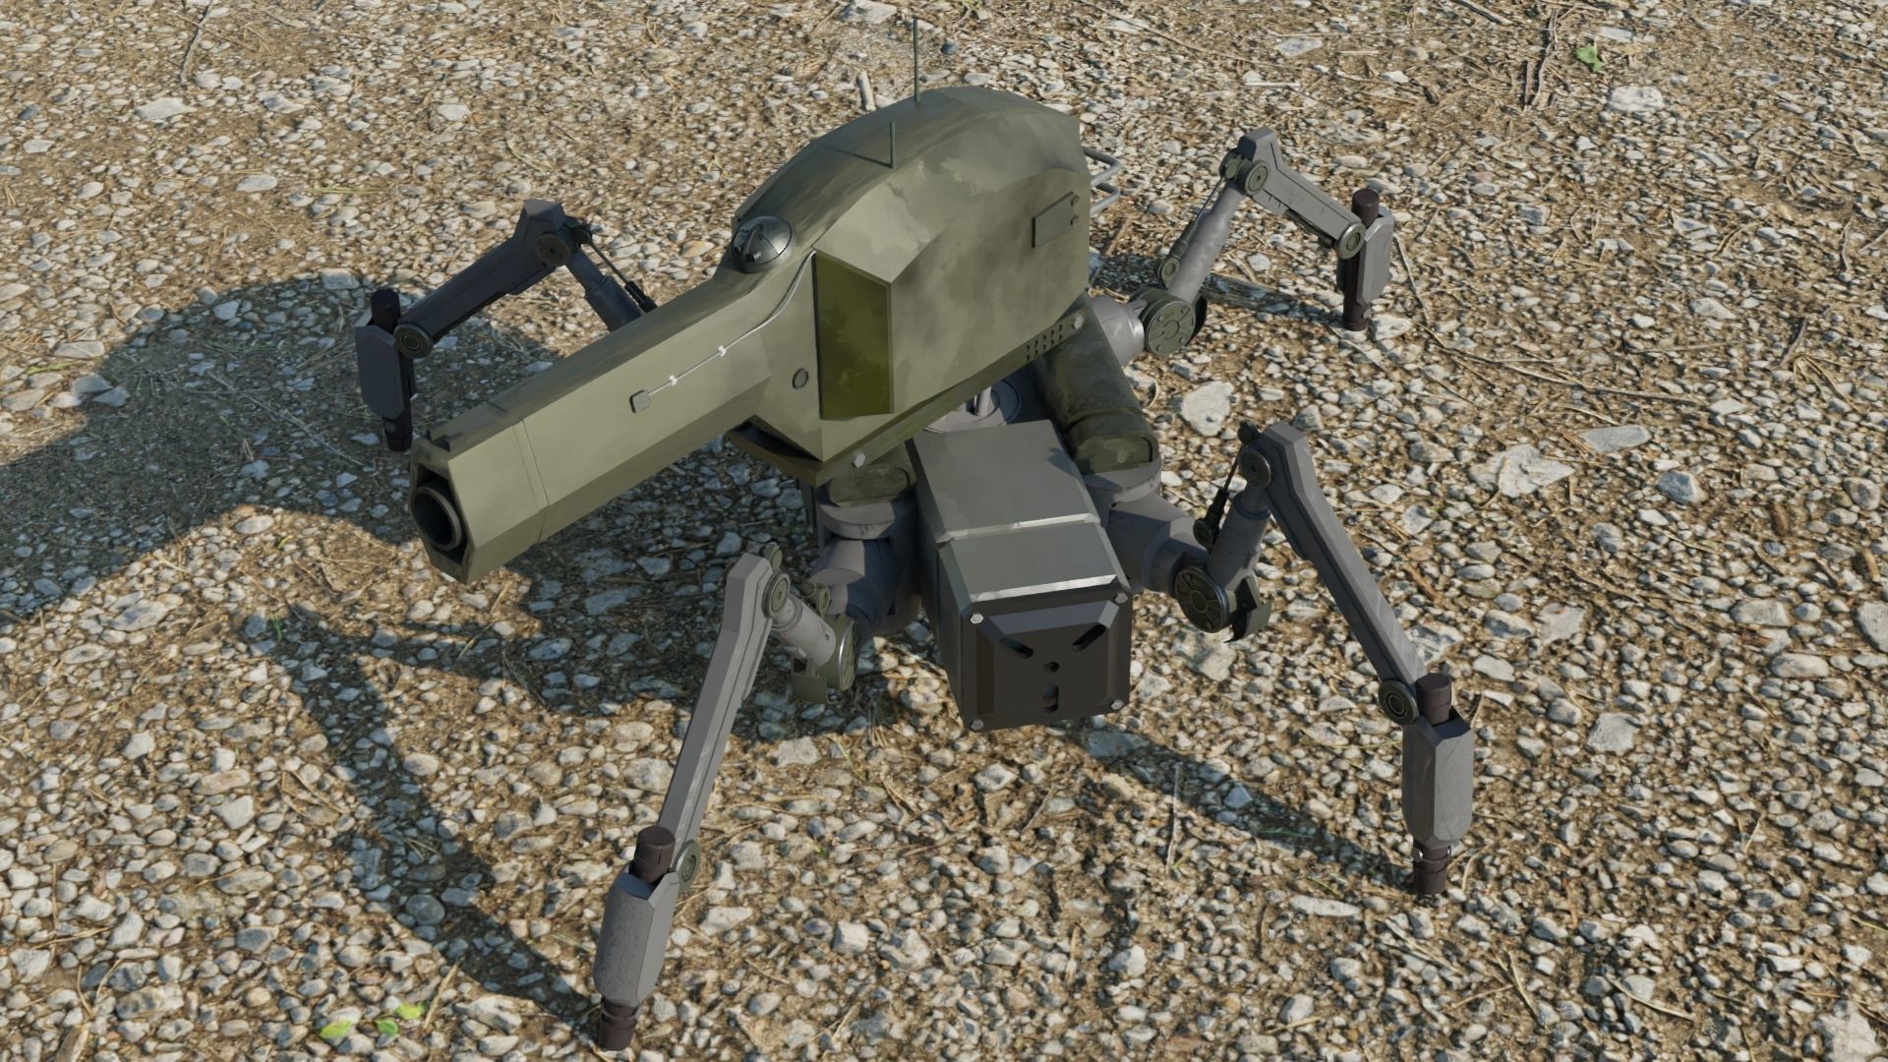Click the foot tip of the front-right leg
coord(1427,876)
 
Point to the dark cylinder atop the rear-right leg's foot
coord(1363,206)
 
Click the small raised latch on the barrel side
coord(639,400)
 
